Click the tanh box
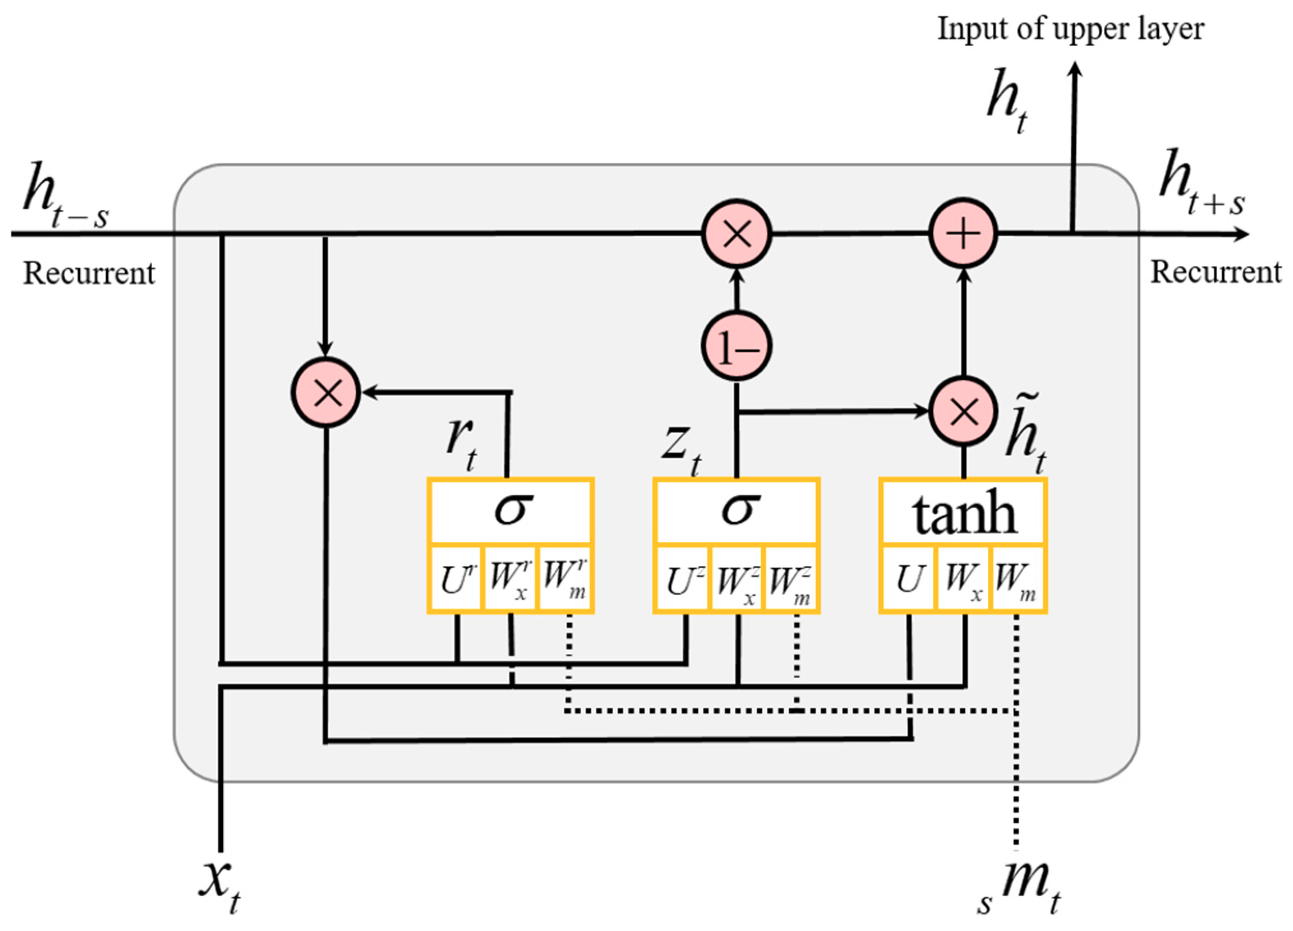tap(963, 511)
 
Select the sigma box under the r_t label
tap(511, 511)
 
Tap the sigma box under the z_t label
tap(736, 511)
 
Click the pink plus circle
tap(963, 233)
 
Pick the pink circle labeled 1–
tap(736, 346)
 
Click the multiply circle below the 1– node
tap(736, 233)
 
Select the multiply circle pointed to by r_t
tap(326, 393)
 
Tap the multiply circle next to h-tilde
tap(963, 411)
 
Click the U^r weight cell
tap(456, 579)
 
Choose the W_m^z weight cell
tap(790, 579)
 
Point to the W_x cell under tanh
tap(963, 579)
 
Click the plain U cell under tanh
tap(908, 579)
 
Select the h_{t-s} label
tap(66, 197)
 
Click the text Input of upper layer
tap(1071, 28)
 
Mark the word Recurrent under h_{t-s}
tap(89, 273)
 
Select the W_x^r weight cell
tap(510, 579)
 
